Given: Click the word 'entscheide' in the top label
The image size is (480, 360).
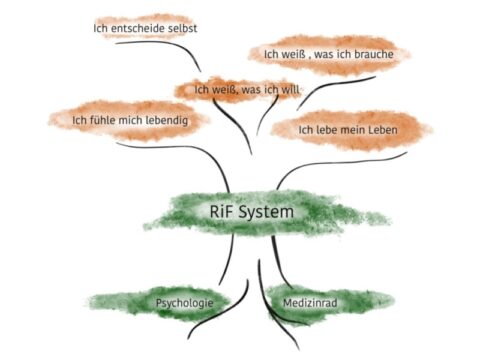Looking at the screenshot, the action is click(x=140, y=28).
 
